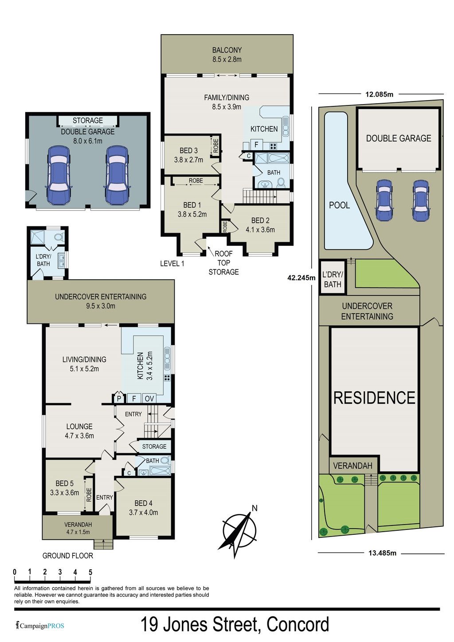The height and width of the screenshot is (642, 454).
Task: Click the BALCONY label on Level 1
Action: tap(227, 50)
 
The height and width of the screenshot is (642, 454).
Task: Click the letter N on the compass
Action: tap(254, 508)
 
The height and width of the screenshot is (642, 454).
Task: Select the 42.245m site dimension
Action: tap(301, 277)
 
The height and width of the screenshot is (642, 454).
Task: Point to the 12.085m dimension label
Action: tap(379, 94)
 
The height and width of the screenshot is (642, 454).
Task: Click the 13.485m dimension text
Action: tap(382, 553)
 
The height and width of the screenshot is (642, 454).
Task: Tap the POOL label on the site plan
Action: tap(339, 205)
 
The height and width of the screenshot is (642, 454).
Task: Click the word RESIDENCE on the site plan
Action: tap(374, 398)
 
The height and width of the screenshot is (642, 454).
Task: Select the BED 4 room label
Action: tap(143, 503)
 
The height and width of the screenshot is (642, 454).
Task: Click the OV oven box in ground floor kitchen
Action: tap(149, 399)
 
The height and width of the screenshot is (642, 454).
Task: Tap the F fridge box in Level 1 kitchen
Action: tap(257, 144)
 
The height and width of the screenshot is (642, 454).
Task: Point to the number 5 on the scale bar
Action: tap(90, 572)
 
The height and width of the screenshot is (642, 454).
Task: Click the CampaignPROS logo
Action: tap(40, 626)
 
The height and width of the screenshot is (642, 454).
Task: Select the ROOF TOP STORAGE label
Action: tap(224, 263)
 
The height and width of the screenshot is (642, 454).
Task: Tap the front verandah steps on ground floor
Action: tap(104, 544)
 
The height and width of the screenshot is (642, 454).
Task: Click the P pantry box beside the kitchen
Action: tap(119, 398)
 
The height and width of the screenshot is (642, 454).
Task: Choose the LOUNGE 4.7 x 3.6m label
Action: tap(79, 431)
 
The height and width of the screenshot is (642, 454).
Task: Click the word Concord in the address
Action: tap(297, 625)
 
